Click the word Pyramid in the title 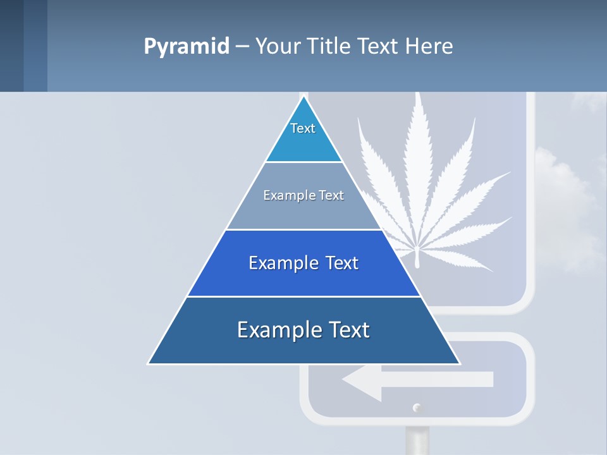pos(186,46)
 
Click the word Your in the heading pos(278,46)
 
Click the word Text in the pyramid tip pos(303,128)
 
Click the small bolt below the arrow pos(416,408)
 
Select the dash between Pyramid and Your pos(242,46)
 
